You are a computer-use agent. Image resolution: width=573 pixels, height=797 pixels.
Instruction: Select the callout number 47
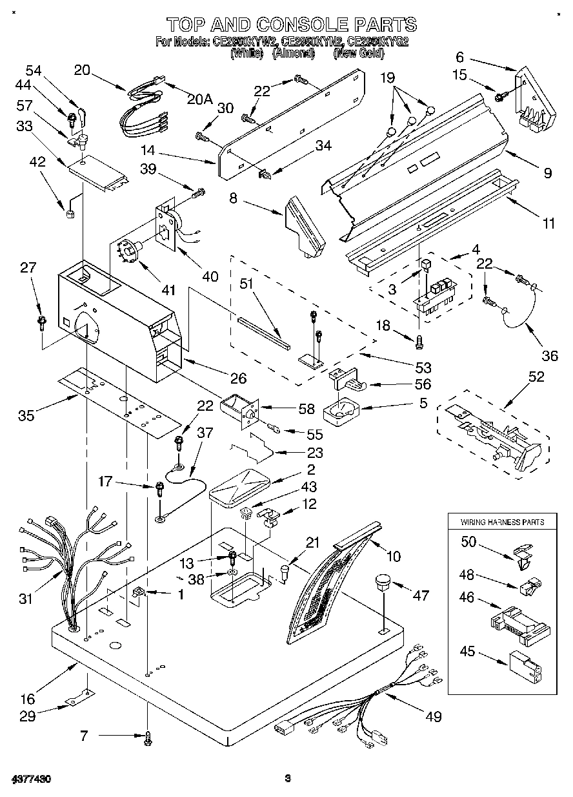tap(420, 595)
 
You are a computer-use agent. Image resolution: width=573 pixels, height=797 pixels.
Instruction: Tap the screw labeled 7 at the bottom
tap(148, 736)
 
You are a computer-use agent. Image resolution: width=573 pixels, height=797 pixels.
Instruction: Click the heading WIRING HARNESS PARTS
tap(501, 521)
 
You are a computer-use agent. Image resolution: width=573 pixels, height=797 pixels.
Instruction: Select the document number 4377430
tap(31, 780)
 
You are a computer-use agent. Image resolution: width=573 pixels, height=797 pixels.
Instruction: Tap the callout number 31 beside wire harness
tap(25, 599)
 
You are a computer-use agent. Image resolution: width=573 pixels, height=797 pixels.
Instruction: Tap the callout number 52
tap(536, 377)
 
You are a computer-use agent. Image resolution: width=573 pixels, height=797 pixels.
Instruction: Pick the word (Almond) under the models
tap(293, 54)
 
